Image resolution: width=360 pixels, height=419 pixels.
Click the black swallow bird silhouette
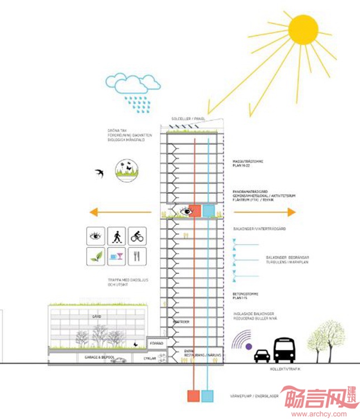coord(100,173)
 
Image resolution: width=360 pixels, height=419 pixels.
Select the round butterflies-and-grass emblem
coord(127,170)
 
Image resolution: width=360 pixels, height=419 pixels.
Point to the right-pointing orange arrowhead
coord(291,212)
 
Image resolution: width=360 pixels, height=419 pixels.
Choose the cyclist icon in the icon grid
coord(137,236)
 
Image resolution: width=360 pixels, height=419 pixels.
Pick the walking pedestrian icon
coord(117,236)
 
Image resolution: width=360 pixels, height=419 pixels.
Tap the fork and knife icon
coord(137,256)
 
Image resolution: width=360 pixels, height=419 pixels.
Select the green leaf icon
coord(97,256)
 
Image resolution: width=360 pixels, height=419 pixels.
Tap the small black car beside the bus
coord(262,355)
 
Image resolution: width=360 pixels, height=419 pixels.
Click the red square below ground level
coord(193,395)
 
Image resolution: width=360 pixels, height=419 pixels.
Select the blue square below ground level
coord(209,395)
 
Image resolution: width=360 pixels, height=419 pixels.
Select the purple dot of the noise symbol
coord(248,346)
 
